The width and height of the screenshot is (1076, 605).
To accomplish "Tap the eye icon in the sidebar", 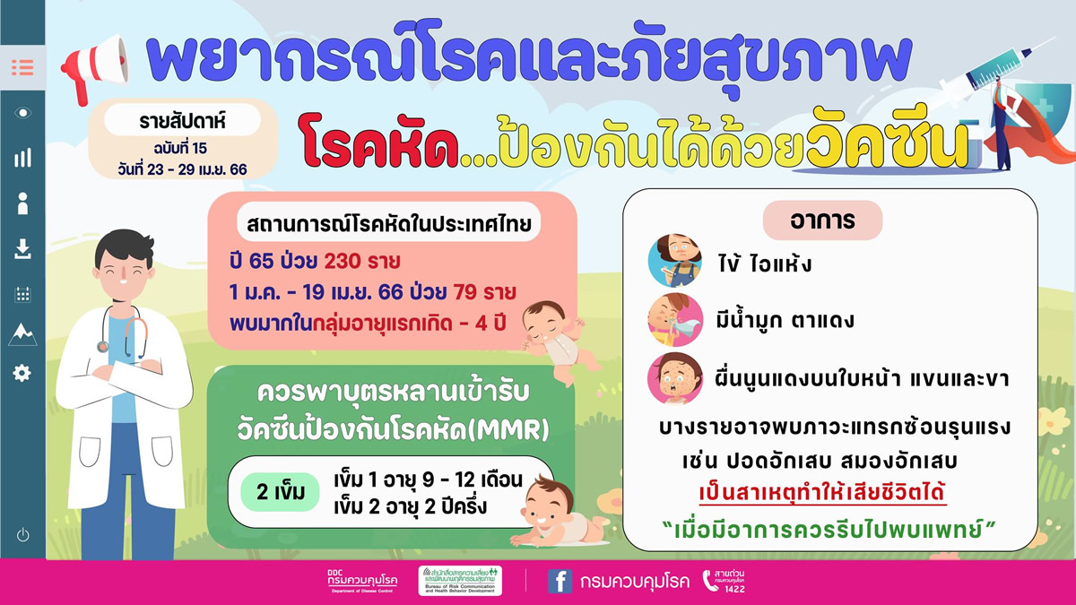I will pos(22,112).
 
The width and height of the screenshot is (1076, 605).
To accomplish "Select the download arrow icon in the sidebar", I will pos(22,250).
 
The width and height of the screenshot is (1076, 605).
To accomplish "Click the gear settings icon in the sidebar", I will pos(22,373).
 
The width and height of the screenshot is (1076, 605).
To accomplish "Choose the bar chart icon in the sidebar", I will pos(22,159).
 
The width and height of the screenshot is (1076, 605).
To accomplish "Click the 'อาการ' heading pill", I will pos(822,220).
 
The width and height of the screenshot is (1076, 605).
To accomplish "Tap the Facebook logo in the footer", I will pos(560,581).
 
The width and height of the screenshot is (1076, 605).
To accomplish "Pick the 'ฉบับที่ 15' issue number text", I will pos(180,147).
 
